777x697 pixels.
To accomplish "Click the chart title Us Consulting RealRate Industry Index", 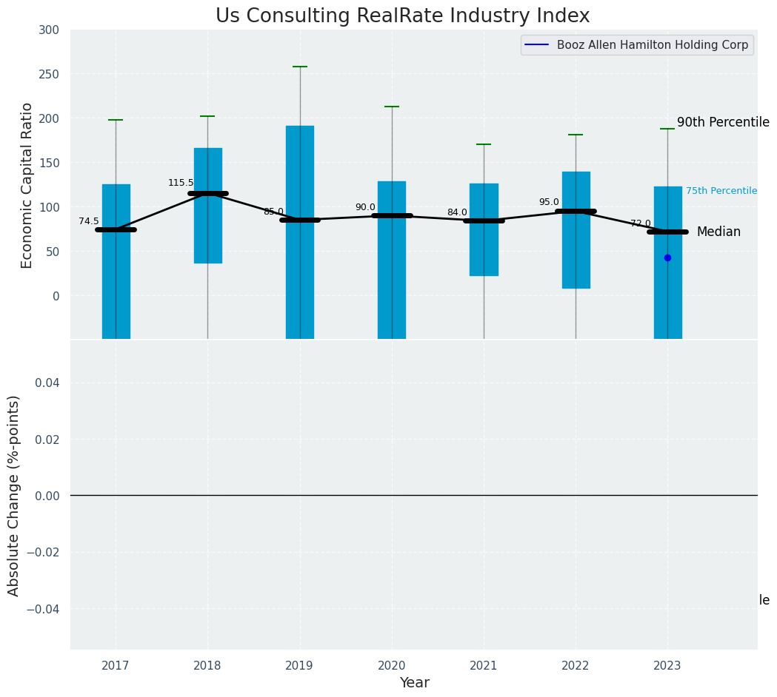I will click(x=402, y=16).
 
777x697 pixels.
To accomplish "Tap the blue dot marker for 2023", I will click(x=667, y=257).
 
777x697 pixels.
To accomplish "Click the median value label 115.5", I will click(x=181, y=183).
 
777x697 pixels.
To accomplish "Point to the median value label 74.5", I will click(x=89, y=221).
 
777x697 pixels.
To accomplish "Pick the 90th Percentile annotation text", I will click(x=722, y=123).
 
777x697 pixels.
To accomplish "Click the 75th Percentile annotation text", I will click(x=721, y=191).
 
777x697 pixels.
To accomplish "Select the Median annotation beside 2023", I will click(x=718, y=232).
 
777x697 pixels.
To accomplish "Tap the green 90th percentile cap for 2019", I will click(x=300, y=67).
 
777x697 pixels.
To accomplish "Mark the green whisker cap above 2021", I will click(x=484, y=144).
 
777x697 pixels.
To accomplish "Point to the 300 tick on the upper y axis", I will click(x=50, y=30).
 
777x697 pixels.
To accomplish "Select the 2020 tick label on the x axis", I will click(x=392, y=666).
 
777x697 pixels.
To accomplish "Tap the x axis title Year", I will click(x=414, y=683).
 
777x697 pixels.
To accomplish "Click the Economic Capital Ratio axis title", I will click(x=27, y=185).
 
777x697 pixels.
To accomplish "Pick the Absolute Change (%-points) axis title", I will click(x=14, y=495).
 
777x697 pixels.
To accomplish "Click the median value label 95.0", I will click(x=549, y=202).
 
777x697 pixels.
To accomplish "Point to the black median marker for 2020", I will click(x=392, y=215).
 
